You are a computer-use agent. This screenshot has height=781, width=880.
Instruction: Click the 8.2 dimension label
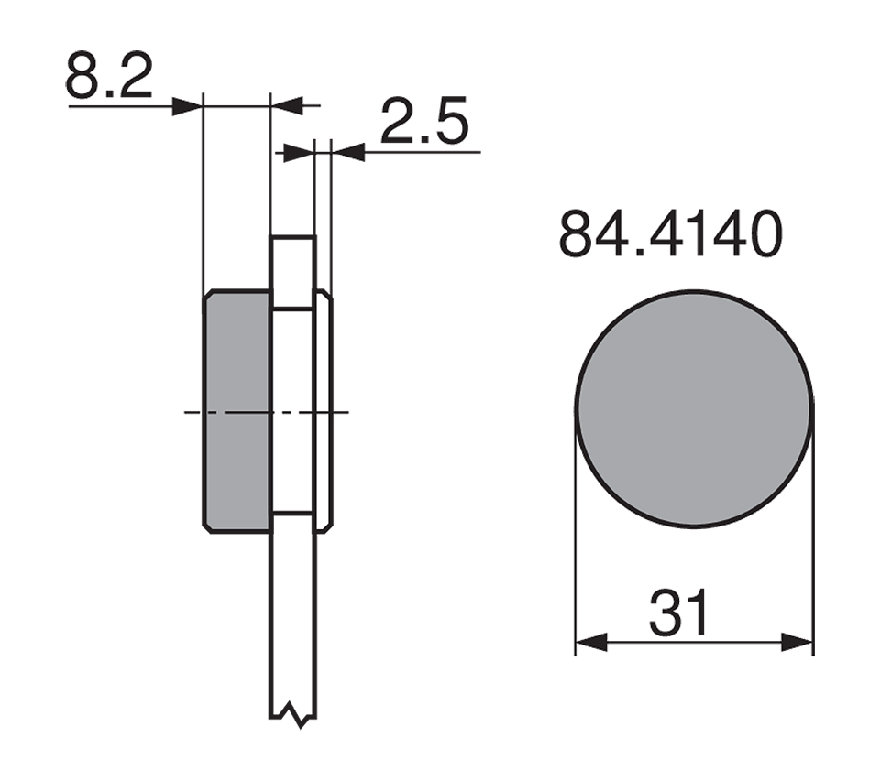[109, 76]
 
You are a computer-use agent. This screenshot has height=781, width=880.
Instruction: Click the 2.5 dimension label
[424, 121]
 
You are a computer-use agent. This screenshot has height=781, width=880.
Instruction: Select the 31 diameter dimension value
[679, 613]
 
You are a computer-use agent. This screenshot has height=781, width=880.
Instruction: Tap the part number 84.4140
[671, 233]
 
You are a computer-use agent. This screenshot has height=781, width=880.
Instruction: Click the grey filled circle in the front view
[694, 409]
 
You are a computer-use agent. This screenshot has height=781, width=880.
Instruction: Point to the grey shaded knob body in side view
[236, 411]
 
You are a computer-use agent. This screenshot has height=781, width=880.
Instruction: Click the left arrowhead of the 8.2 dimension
[187, 106]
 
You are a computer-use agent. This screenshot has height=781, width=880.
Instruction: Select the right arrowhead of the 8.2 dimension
[287, 105]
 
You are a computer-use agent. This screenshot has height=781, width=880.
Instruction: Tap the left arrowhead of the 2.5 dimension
[299, 153]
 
